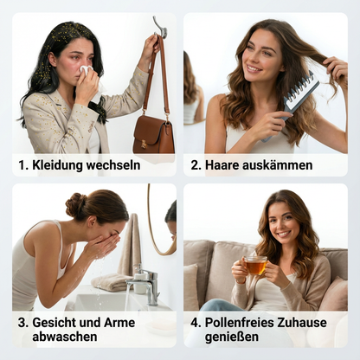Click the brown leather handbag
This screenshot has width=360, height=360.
pos(152,133)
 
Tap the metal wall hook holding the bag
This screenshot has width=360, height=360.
pos(159,27)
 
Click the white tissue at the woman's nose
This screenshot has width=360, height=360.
pos(87,70)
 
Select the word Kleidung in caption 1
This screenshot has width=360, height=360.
pos(58,164)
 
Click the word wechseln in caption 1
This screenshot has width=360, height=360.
pos(113,164)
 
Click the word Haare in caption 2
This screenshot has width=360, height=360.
pos(223,164)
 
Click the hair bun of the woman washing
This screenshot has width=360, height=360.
pos(76,205)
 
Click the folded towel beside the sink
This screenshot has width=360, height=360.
pos(111,282)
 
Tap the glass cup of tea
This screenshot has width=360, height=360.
pos(254,265)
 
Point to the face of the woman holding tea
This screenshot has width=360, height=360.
pos(282,224)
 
